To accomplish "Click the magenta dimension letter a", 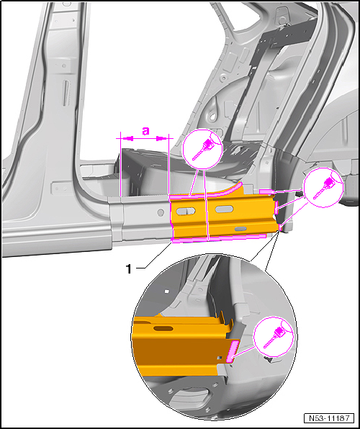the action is pos(145,131).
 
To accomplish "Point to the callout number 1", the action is pos(129,269).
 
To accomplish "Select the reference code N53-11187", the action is pos(329,418).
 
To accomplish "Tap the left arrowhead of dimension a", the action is pos(127,139).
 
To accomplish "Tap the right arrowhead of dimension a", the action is pos(162,139).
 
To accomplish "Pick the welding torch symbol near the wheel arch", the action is pos(323,187).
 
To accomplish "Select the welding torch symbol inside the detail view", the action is pos(273,337).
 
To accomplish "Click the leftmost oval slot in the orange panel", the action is pos(186,211).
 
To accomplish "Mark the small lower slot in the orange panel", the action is pos(240,228).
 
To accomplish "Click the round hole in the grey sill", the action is pos(161,212).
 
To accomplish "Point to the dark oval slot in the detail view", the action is pos(163,328).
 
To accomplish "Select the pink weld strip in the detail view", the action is pos(233,351).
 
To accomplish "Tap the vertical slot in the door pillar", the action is pos(65,94).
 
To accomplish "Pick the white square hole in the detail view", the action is pos(166,291).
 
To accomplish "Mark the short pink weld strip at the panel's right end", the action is pos(276,207).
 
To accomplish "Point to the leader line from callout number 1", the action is pos(154,254).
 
